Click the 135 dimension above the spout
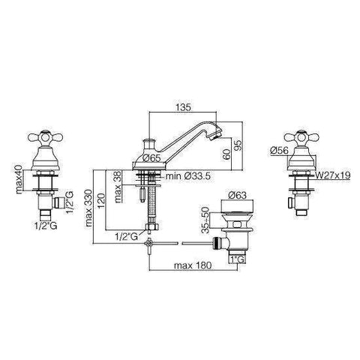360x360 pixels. [183, 107]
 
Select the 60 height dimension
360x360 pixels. [226, 154]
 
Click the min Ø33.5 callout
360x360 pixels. [188, 176]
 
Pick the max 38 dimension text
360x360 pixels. [119, 187]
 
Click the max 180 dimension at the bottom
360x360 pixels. [193, 265]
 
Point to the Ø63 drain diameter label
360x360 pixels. [238, 195]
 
